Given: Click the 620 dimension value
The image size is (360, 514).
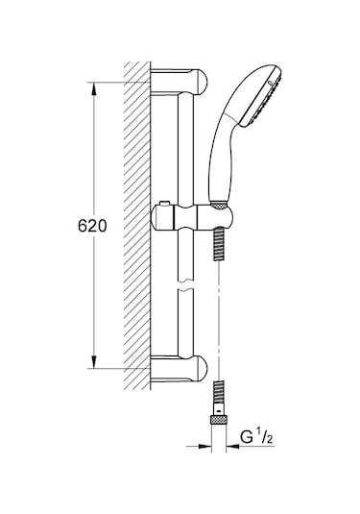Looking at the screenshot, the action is pos(92,226).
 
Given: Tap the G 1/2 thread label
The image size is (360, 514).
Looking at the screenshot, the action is pos(256,437).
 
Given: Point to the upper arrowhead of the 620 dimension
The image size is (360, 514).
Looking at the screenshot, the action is pos(94,88).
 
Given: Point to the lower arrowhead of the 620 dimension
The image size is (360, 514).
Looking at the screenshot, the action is pos(94,361).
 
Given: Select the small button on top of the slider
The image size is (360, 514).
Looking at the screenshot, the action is pos(165,204).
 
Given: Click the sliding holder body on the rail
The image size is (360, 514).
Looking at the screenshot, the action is pos(192,218).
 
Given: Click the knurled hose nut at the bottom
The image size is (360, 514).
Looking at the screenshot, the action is pos(219,420).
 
